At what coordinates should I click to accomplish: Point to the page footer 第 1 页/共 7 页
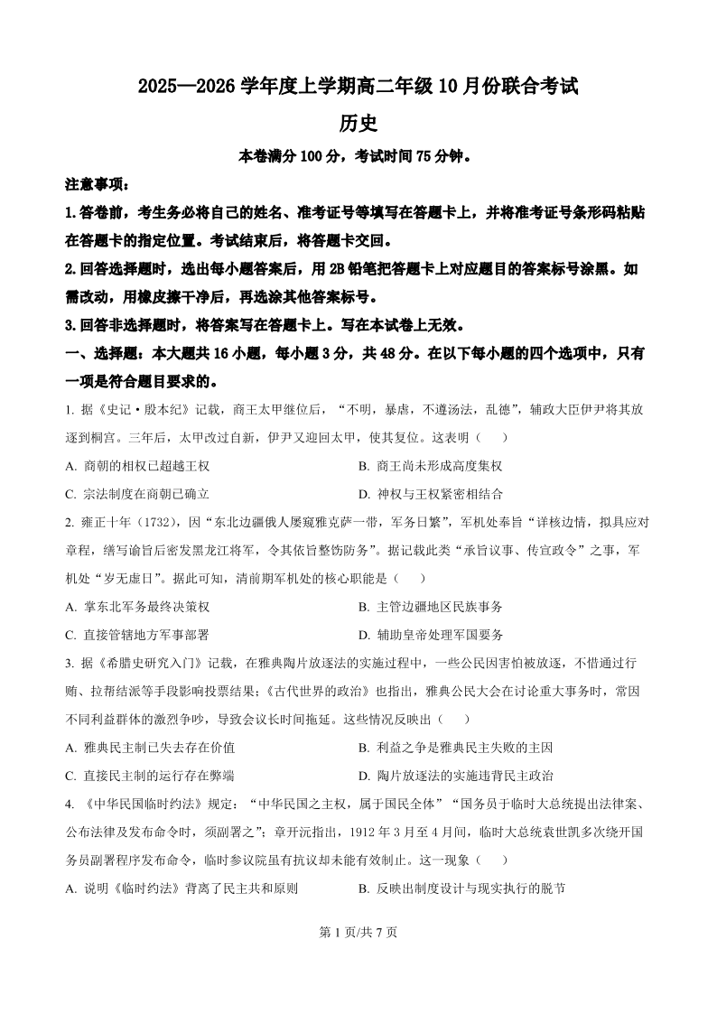tap(358, 933)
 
